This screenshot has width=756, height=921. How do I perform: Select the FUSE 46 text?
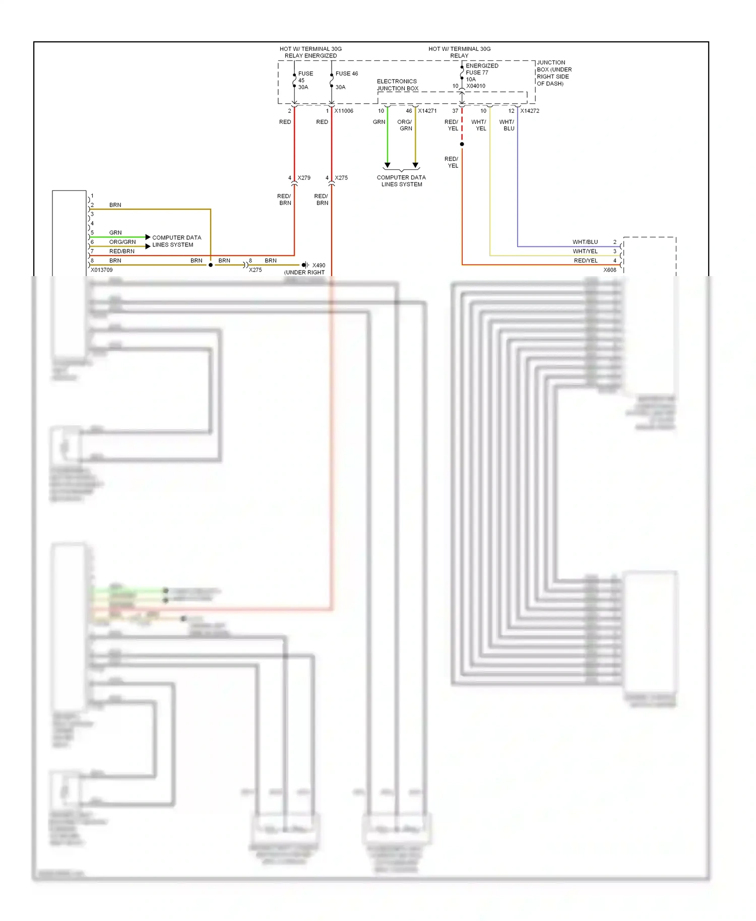pos(347,74)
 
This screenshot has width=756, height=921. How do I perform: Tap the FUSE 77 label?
pos(477,73)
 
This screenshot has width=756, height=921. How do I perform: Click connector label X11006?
pos(344,111)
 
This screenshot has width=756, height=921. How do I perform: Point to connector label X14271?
pos(427,111)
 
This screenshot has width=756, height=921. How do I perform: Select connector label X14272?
pos(530,111)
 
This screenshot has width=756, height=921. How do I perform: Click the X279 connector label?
pos(304,178)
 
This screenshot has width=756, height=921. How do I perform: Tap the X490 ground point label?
pos(319,265)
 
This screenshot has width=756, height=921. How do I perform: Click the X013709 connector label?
pos(102,270)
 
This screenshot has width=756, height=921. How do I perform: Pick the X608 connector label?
pos(610,270)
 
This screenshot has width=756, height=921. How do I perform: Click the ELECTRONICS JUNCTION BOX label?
pos(397,85)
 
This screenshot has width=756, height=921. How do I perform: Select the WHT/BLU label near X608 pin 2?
pos(585,242)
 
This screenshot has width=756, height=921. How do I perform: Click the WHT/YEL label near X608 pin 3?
pos(585,251)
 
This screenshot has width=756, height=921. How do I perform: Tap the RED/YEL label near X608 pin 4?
pos(586,260)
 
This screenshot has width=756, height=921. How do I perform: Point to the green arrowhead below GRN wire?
pos(388,165)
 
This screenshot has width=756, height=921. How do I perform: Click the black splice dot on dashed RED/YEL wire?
pos(462,144)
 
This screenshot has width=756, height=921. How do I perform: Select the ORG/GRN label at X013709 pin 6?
pos(122,242)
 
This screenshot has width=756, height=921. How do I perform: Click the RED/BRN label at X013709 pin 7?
pos(122,251)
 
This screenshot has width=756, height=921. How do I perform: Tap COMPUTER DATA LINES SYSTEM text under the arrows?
pos(401,181)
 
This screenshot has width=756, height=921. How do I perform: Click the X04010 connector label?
pos(476,86)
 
